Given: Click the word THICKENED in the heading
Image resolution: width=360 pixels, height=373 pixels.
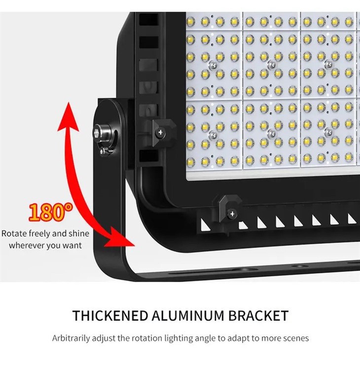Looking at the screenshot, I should point(110,316).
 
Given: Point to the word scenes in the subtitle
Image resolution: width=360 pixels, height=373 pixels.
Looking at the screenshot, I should point(296,339).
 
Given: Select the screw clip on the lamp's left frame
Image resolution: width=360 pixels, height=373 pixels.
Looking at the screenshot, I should point(163,131).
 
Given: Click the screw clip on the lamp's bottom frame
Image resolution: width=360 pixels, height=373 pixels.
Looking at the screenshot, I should point(229,211).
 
